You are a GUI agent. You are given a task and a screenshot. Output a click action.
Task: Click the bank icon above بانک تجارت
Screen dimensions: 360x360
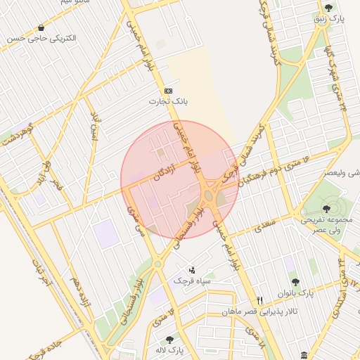tap(168, 91)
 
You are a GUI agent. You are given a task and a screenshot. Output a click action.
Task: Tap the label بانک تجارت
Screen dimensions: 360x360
tap(168, 102)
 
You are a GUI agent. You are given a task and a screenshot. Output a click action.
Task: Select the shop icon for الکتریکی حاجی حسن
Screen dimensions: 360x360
tap(41, 27)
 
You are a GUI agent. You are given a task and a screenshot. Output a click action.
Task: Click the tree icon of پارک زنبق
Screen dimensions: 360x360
tap(329, 8)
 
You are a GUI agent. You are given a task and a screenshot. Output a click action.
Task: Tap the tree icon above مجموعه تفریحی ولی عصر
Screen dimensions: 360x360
tap(326, 208)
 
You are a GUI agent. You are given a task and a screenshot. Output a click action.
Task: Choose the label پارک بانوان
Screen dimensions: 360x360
tap(313, 292)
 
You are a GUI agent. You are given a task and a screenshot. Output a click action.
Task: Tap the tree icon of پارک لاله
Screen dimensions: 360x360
tap(169, 340)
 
